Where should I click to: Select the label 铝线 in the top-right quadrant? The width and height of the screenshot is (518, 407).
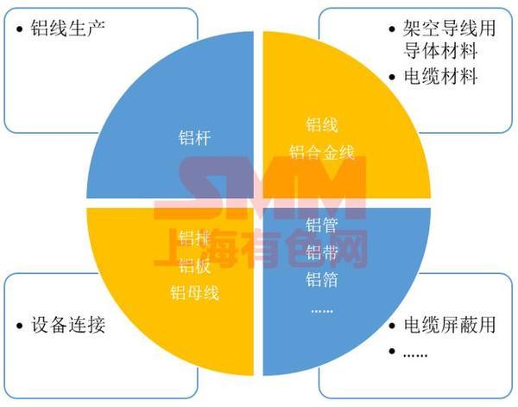pyautogui.click(x=322, y=125)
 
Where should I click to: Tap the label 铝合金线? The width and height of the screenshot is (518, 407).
pyautogui.click(x=322, y=152)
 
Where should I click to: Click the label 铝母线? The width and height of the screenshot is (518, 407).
pyautogui.click(x=194, y=292)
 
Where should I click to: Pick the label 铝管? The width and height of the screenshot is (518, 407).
pyautogui.click(x=322, y=226)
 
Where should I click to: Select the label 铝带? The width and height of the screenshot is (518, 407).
pyautogui.click(x=322, y=252)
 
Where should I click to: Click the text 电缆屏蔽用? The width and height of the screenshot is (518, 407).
pyautogui.click(x=451, y=326)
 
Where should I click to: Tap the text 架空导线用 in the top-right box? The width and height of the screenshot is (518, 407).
pyautogui.click(x=451, y=27)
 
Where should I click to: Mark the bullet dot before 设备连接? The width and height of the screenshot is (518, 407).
pyautogui.click(x=20, y=327)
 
